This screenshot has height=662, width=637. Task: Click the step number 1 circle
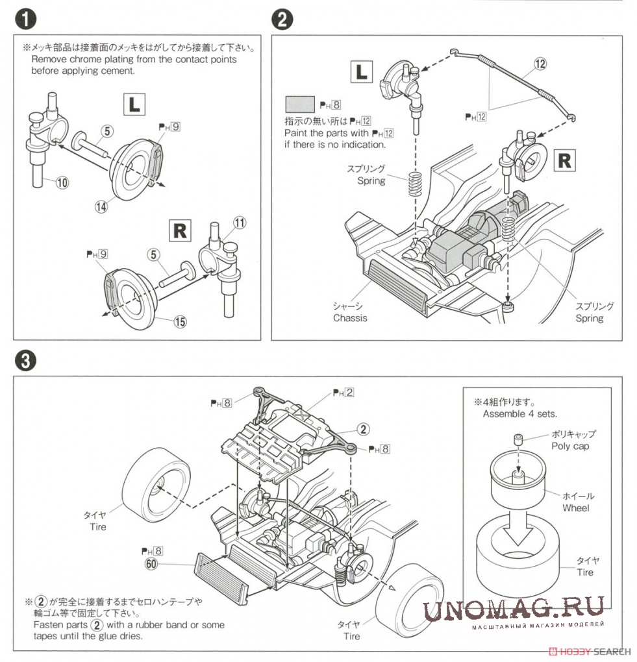point(26,20)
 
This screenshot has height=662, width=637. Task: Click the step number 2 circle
point(282,20)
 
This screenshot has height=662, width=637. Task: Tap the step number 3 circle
point(26,362)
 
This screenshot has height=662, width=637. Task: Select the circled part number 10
point(62,183)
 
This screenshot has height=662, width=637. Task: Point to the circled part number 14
point(101,206)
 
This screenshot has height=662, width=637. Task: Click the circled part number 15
point(180,322)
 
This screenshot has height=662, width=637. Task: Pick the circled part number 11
point(240,223)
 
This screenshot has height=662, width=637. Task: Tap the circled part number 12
point(540,64)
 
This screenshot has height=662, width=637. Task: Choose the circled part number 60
point(151,563)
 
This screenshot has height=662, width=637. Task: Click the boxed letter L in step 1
point(134,104)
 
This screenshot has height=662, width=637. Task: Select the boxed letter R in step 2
point(564,161)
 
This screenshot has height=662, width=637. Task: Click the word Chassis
point(350,318)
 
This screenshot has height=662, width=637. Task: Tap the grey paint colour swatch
point(300,104)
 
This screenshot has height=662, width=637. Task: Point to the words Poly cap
point(570,447)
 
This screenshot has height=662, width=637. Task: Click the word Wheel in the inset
point(576,508)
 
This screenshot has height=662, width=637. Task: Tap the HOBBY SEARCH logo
point(592,652)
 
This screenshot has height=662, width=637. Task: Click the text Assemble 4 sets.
point(520,414)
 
